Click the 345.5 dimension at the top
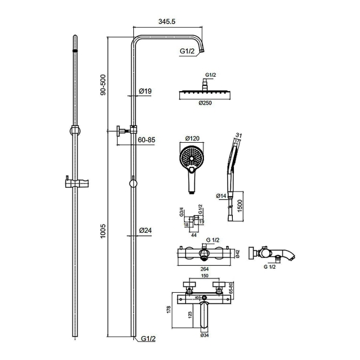click(167, 22)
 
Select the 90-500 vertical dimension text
click(103, 85)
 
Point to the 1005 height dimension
click(103, 231)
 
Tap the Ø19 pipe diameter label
click(145, 91)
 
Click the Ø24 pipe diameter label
click(146, 230)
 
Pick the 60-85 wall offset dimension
click(146, 140)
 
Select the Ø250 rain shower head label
click(205, 103)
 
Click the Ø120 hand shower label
click(192, 139)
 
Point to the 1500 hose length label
click(239, 206)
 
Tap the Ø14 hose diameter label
click(221, 196)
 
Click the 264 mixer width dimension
click(205, 269)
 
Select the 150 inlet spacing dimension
click(205, 276)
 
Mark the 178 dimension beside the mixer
click(169, 310)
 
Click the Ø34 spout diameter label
click(205, 335)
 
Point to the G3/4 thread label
click(182, 212)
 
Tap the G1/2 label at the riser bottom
click(148, 338)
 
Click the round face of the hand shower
click(191, 158)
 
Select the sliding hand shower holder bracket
click(77, 182)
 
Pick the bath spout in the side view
click(287, 254)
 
